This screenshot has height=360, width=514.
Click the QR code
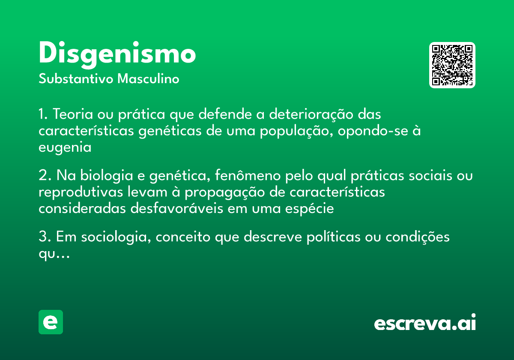pyautogui.click(x=452, y=65)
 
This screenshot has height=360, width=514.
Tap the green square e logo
pyautogui.click(x=51, y=322)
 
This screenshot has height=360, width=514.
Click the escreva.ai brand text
pyautogui.click(x=425, y=323)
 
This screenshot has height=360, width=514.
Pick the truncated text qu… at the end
pyautogui.click(x=54, y=254)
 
